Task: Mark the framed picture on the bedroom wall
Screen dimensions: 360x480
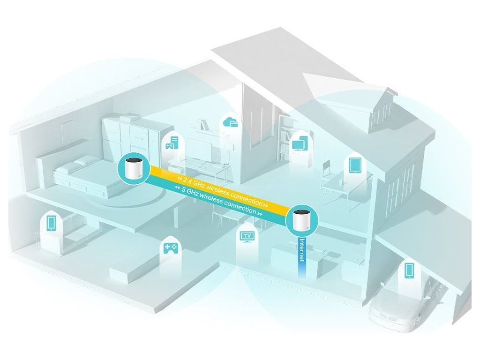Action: (x=67, y=128)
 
